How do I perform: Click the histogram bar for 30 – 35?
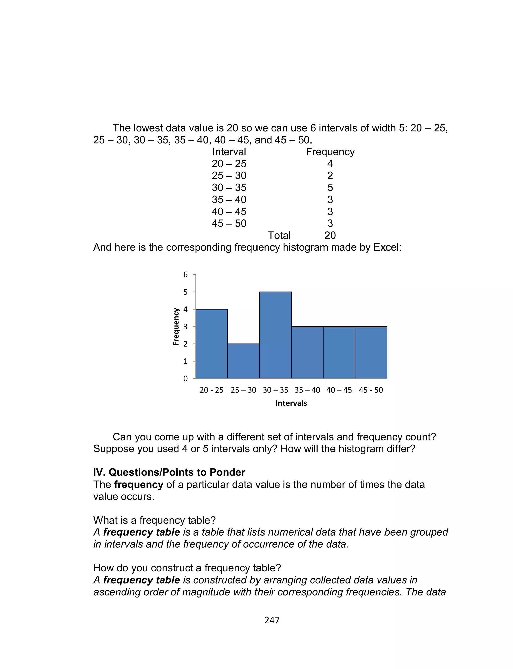(275, 335)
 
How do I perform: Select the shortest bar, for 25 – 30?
(243, 361)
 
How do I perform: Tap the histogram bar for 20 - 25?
(211, 344)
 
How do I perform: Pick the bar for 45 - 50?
(371, 352)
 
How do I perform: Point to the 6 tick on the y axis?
(185, 275)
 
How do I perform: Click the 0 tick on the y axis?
(185, 379)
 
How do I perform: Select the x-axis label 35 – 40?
(307, 390)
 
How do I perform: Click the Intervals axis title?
(291, 403)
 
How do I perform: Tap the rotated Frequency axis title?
(176, 327)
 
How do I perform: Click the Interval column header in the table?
(229, 152)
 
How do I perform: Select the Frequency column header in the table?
(330, 152)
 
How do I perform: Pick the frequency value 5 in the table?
(330, 187)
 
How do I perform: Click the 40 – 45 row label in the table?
(229, 211)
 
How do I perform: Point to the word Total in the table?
(279, 235)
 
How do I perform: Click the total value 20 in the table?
(330, 235)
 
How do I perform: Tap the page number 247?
(272, 620)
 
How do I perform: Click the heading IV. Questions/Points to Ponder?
(169, 472)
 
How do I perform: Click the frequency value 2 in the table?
(330, 176)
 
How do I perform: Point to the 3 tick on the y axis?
(185, 327)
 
